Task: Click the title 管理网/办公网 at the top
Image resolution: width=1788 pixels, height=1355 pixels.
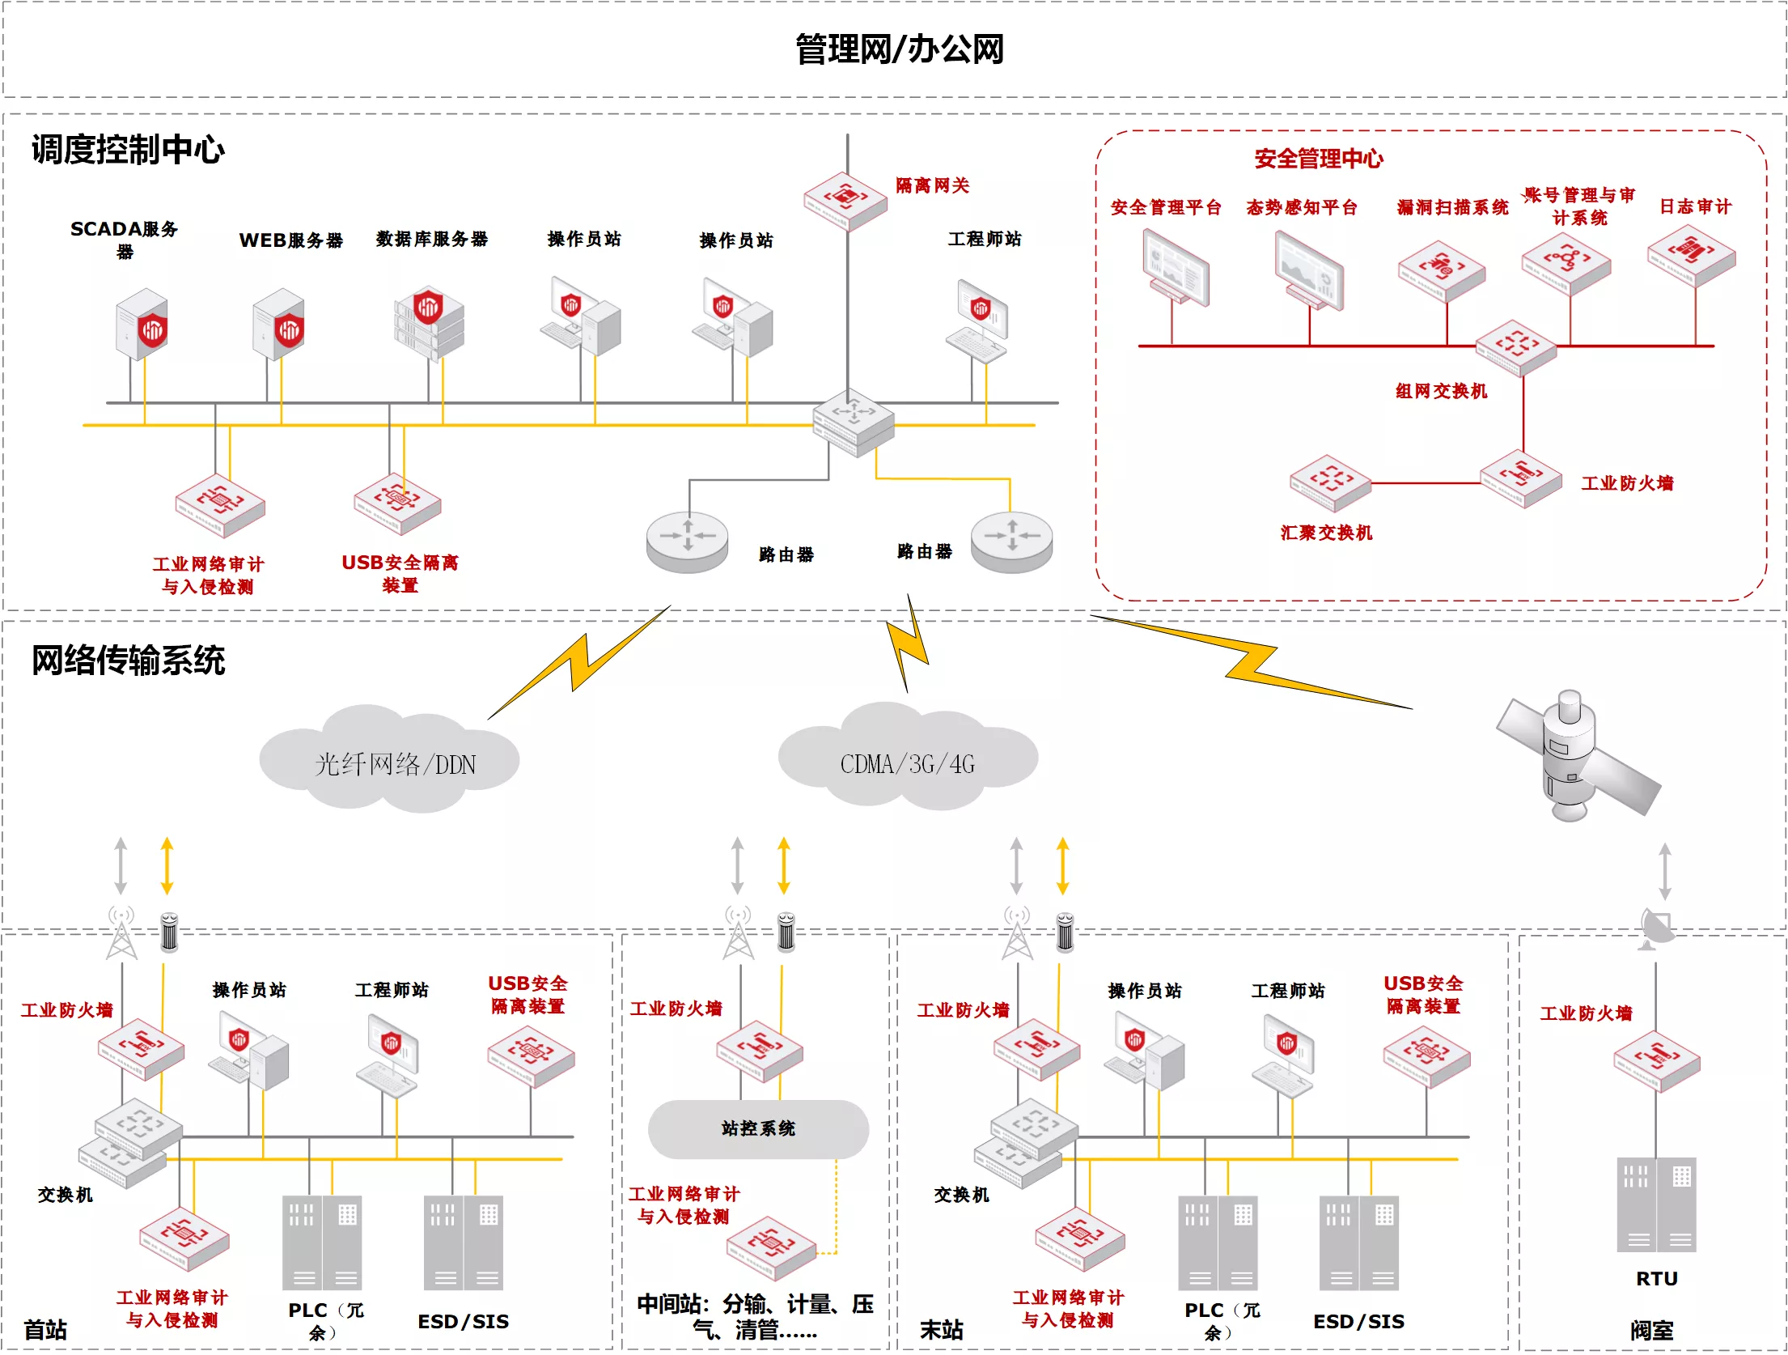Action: pos(899,49)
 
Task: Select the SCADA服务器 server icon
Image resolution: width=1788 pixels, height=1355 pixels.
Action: pos(142,324)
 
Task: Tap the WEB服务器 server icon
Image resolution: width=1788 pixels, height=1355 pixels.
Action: pos(278,324)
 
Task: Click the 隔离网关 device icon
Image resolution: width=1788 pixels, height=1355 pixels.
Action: pos(845,201)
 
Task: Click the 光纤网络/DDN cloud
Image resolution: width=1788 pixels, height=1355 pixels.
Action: pos(390,758)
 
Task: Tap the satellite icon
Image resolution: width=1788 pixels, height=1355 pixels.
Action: pos(1577,754)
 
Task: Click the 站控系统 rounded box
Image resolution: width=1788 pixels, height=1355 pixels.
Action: pos(758,1128)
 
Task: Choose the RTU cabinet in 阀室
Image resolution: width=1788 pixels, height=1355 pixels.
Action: pos(1656,1204)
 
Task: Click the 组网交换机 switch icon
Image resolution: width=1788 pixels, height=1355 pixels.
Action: pos(1515,348)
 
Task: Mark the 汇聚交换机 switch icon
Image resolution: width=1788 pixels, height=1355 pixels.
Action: pos(1330,483)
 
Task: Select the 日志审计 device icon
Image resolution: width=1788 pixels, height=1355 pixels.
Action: pos(1692,255)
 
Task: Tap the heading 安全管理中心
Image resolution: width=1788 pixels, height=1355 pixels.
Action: pos(1319,159)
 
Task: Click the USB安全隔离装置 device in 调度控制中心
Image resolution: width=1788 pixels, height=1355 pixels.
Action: pos(397,503)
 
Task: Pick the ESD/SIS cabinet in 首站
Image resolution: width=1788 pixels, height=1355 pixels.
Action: pos(464,1242)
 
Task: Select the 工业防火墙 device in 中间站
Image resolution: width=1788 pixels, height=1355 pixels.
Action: pos(760,1051)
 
